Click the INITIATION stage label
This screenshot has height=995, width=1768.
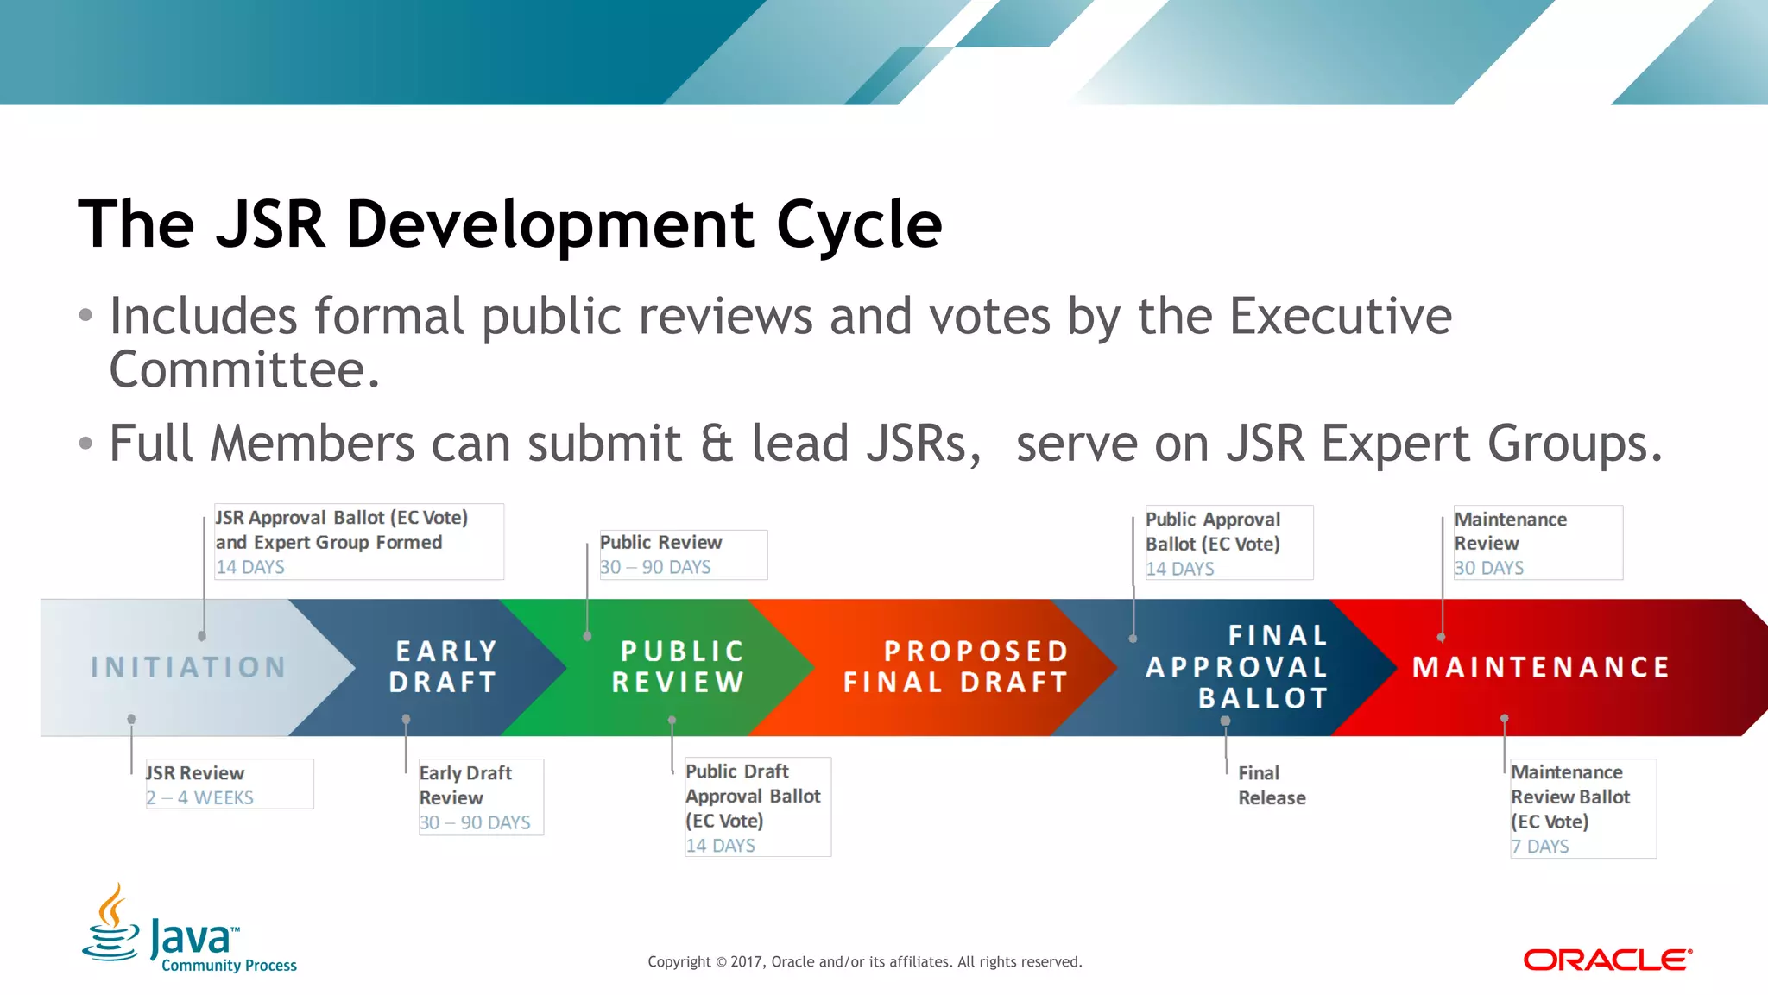(188, 667)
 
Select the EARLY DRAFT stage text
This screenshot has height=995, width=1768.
(445, 666)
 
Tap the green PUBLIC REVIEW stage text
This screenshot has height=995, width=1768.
(679, 666)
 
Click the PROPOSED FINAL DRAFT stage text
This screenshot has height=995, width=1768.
(957, 666)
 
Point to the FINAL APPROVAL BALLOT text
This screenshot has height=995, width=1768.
(1238, 666)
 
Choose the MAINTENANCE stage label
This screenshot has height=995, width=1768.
(1541, 666)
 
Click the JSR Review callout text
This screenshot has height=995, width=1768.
(195, 773)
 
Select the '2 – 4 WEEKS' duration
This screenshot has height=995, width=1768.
(200, 798)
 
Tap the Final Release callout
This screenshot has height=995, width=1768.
(1271, 785)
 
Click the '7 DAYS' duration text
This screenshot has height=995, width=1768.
(1540, 847)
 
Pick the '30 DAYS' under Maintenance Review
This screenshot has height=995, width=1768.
(1489, 568)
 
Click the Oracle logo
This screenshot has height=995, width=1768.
(1607, 960)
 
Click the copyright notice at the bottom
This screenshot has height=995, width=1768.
(864, 961)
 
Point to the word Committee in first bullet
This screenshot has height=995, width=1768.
(244, 370)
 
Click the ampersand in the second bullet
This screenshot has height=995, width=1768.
(717, 444)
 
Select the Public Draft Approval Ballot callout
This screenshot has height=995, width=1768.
(753, 796)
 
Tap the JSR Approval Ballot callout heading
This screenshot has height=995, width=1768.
(342, 530)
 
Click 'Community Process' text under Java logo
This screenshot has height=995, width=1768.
(229, 966)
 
